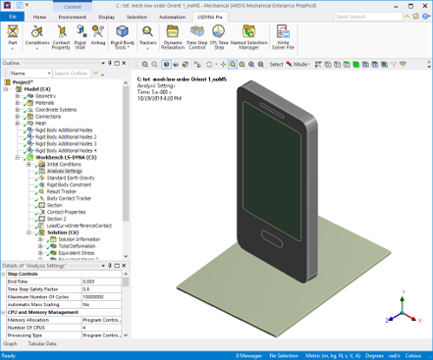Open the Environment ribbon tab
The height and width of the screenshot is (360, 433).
coord(71,17)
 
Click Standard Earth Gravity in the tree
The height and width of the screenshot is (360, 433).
coord(73,177)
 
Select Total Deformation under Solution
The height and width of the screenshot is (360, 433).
coord(80,245)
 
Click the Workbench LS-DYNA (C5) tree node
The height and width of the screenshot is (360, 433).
coord(63,156)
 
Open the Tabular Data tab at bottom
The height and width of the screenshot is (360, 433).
coord(43,344)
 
